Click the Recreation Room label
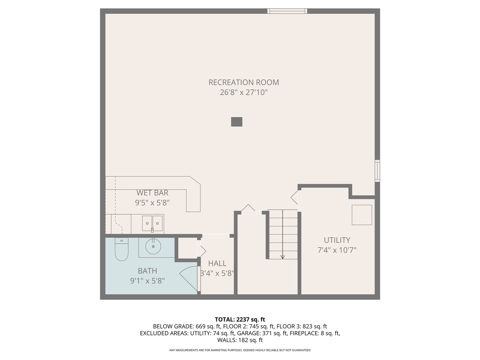click(x=244, y=82)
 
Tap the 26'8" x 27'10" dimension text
click(x=244, y=92)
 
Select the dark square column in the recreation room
click(x=237, y=122)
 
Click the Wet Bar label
click(x=152, y=193)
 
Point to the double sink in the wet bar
click(x=152, y=223)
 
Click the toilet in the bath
click(x=122, y=250)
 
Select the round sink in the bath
click(x=153, y=247)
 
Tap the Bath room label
click(x=147, y=271)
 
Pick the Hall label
click(x=217, y=263)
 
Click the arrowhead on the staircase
click(x=283, y=257)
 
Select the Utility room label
click(x=337, y=240)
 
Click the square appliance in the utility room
click(x=362, y=215)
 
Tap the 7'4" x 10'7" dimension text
click(x=337, y=250)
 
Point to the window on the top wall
click(x=287, y=11)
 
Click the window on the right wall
click(x=377, y=171)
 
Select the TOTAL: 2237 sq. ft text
click(x=240, y=320)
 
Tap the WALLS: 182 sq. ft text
click(x=240, y=340)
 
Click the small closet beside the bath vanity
click(x=187, y=248)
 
